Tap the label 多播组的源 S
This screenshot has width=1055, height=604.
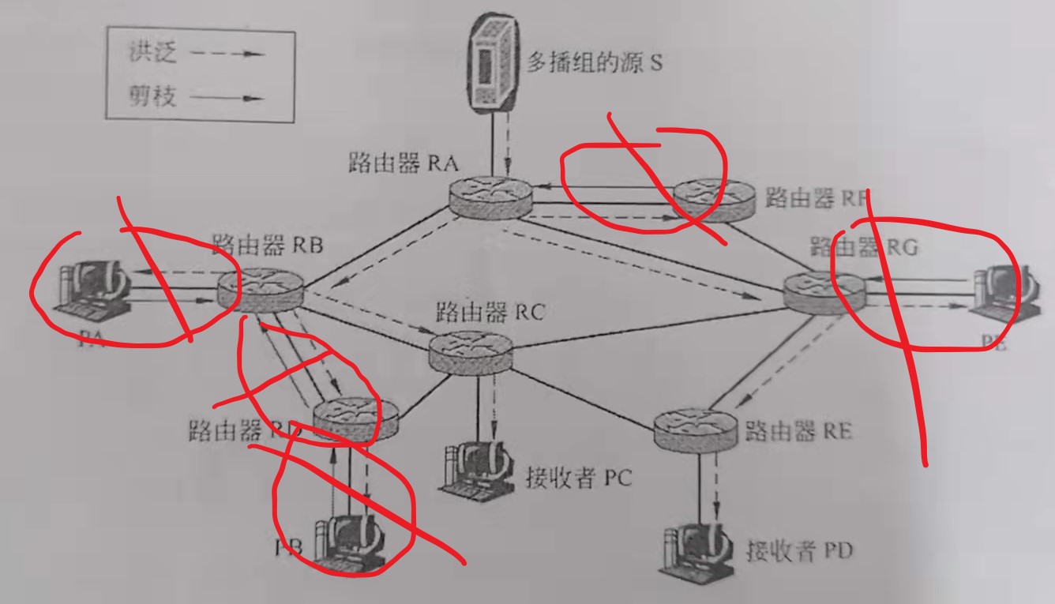[x=594, y=63]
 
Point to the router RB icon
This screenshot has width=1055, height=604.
[x=260, y=289]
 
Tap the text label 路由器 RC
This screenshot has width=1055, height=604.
[x=490, y=312]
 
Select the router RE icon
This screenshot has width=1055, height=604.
[x=698, y=430]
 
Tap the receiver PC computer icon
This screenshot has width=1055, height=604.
[x=475, y=466]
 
